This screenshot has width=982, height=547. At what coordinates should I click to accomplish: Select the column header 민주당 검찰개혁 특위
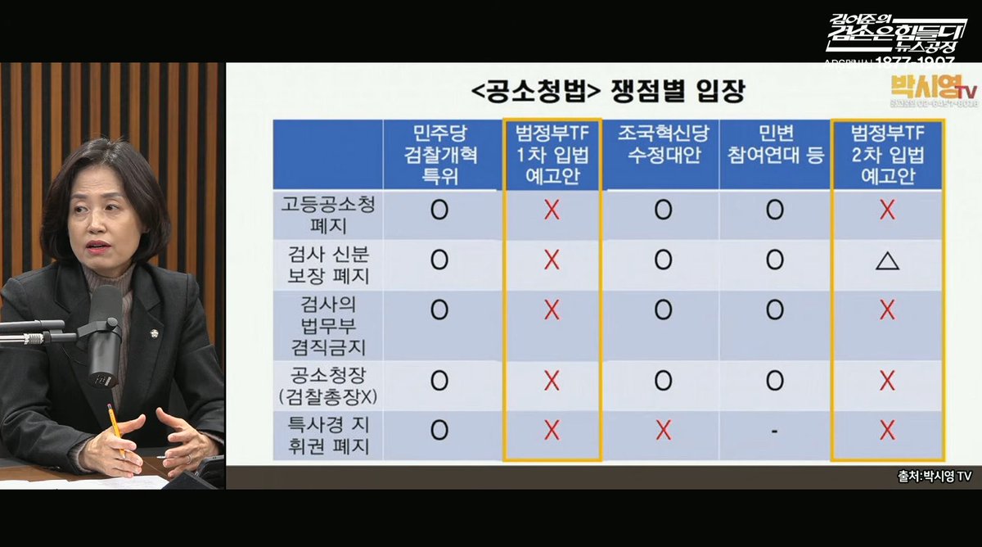pyautogui.click(x=439, y=155)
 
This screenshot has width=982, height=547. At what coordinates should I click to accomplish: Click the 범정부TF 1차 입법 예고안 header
pyautogui.click(x=552, y=155)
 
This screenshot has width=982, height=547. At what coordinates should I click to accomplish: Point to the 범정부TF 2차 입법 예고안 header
pyautogui.click(x=886, y=155)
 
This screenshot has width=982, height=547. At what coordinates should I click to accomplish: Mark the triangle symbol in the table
pyautogui.click(x=887, y=261)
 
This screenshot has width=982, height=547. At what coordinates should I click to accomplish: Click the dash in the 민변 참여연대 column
pyautogui.click(x=773, y=430)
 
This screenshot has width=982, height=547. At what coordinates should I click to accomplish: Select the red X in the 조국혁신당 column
pyautogui.click(x=663, y=430)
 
